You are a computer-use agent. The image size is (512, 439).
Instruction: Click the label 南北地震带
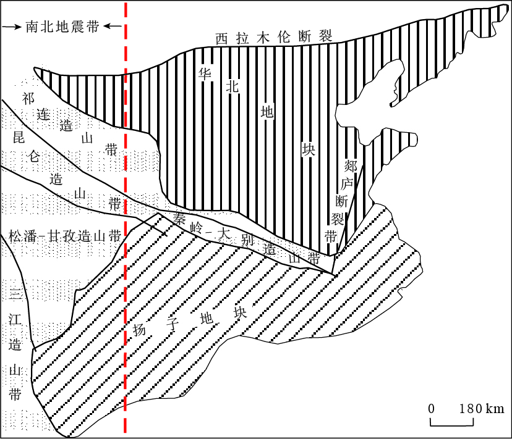62,27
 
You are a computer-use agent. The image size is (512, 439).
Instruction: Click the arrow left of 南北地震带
12,27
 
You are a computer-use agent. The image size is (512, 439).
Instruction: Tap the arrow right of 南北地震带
112,27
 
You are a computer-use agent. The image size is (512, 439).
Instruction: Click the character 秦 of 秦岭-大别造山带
180,218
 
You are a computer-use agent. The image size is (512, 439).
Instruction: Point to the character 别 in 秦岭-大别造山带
245,241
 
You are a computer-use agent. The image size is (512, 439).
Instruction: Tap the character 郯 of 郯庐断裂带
350,165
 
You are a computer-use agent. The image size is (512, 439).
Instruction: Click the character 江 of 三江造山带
15,320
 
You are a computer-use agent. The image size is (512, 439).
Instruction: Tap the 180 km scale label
481,408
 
